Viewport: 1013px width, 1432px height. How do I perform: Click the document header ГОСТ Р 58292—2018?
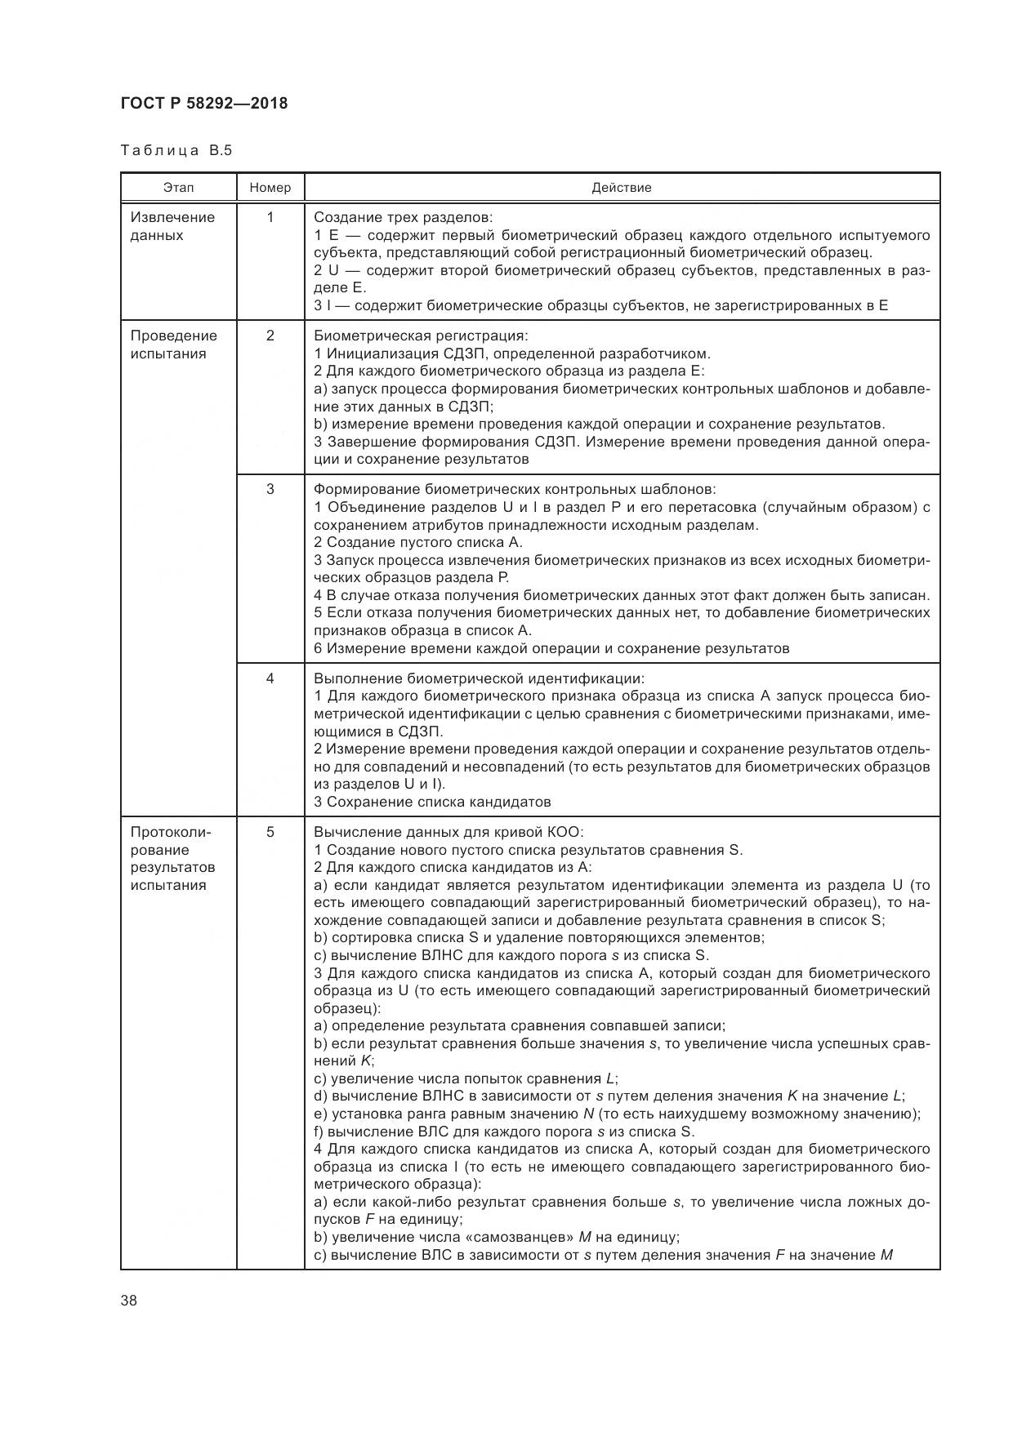204,104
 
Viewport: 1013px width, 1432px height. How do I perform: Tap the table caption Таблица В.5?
176,150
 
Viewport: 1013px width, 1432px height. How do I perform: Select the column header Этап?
178,188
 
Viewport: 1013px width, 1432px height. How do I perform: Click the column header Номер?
270,188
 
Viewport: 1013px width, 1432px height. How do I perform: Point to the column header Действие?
622,188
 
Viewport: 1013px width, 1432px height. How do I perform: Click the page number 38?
129,1301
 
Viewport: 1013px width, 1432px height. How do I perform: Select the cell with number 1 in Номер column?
270,217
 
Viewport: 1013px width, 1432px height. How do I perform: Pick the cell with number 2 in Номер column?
270,336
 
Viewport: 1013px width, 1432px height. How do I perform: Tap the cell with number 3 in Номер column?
270,489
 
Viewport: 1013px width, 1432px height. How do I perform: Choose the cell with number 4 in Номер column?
270,678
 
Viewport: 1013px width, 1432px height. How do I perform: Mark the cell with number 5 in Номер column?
270,832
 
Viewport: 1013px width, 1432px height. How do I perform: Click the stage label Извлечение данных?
172,226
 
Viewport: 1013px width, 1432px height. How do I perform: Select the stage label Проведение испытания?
173,345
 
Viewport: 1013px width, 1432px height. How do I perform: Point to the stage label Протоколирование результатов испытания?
172,858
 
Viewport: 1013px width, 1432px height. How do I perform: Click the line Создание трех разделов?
404,217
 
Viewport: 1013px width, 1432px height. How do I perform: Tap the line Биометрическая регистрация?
421,336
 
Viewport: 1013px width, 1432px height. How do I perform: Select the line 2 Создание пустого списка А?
417,542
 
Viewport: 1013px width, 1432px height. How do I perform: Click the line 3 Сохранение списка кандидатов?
432,802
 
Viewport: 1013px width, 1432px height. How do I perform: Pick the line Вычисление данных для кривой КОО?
448,832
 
